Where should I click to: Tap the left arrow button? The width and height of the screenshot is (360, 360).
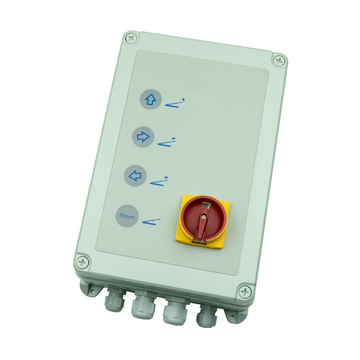point(135,176)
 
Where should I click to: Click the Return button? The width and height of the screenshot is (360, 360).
point(127,216)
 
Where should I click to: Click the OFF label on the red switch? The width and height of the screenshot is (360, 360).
point(206,205)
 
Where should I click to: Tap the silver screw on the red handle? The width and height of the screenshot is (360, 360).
point(204,216)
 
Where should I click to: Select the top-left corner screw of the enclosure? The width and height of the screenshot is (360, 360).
point(131,38)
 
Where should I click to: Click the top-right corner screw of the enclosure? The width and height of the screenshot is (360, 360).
point(279,61)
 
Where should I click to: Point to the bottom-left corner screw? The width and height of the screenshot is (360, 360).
point(82,262)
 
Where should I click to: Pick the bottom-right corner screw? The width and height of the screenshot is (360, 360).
point(245,292)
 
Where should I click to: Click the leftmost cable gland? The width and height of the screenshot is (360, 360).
point(114,299)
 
